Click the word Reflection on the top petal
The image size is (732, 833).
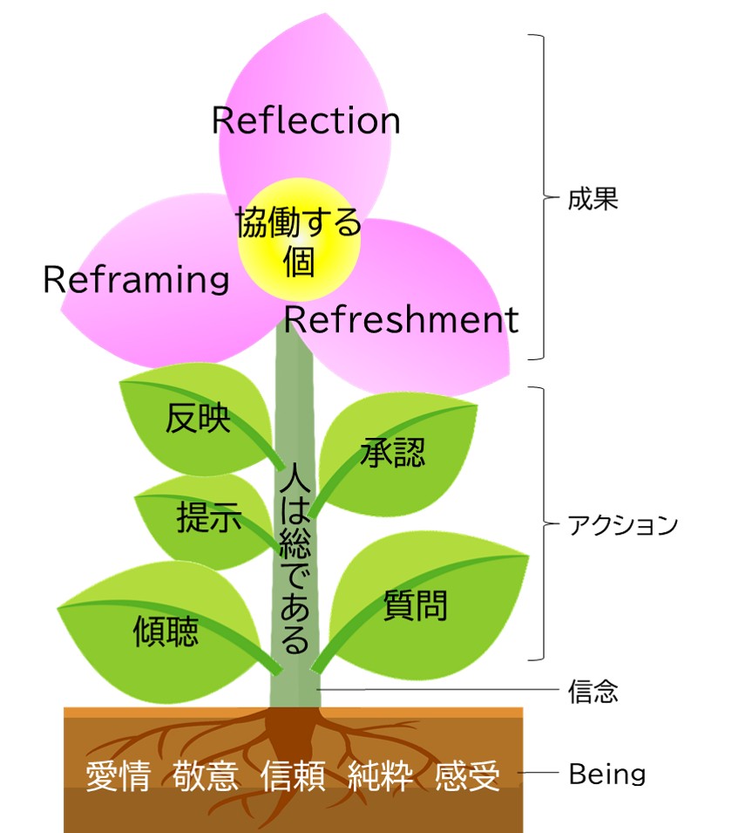pyautogui.click(x=306, y=120)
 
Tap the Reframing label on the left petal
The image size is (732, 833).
pyautogui.click(x=136, y=280)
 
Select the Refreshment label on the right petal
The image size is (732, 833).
pyautogui.click(x=402, y=320)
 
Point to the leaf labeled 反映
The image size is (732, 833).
pyautogui.click(x=199, y=419)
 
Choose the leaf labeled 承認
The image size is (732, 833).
pyautogui.click(x=392, y=451)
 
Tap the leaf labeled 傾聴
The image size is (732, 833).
pyautogui.click(x=166, y=628)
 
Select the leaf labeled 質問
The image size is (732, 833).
pyautogui.click(x=416, y=604)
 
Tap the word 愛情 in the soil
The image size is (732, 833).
pyautogui.click(x=119, y=776)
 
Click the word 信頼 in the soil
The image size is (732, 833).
pyautogui.click(x=294, y=776)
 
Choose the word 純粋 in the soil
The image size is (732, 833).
pyautogui.click(x=381, y=776)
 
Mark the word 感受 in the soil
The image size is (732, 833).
pyautogui.click(x=468, y=776)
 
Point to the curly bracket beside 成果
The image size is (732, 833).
pyautogui.click(x=540, y=198)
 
